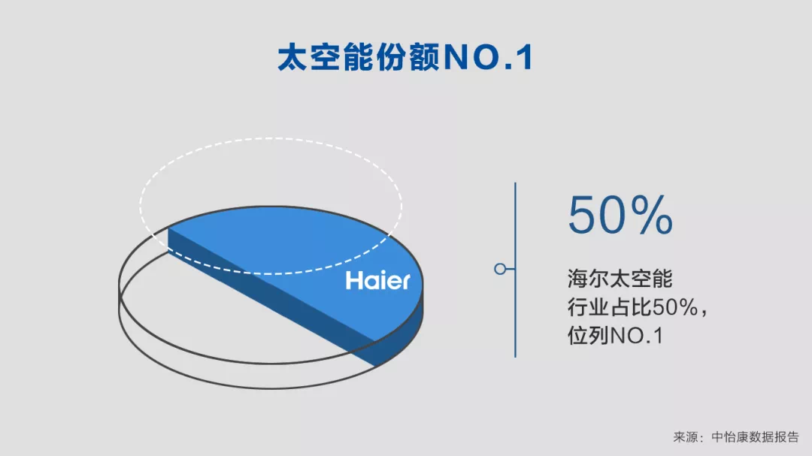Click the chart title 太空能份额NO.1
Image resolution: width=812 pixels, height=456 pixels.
[405, 57]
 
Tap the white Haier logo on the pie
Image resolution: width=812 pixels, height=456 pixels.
[377, 280]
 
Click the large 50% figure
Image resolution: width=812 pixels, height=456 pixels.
[620, 215]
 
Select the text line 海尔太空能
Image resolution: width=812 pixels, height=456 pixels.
[620, 279]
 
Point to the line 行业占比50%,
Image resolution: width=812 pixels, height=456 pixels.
[637, 307]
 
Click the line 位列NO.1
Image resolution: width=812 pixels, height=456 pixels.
[616, 336]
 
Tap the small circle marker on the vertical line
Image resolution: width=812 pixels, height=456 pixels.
[500, 269]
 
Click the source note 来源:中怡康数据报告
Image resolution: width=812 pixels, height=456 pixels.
[736, 437]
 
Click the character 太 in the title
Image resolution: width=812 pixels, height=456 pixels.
[292, 57]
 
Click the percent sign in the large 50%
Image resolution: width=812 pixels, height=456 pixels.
[652, 215]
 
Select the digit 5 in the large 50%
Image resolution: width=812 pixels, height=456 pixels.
[583, 216]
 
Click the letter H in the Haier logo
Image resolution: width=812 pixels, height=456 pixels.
[353, 280]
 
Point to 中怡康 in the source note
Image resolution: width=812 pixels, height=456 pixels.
[731, 437]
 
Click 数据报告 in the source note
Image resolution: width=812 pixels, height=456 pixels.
[774, 437]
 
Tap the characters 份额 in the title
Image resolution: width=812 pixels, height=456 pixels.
[408, 57]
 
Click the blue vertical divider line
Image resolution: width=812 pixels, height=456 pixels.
[515, 270]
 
